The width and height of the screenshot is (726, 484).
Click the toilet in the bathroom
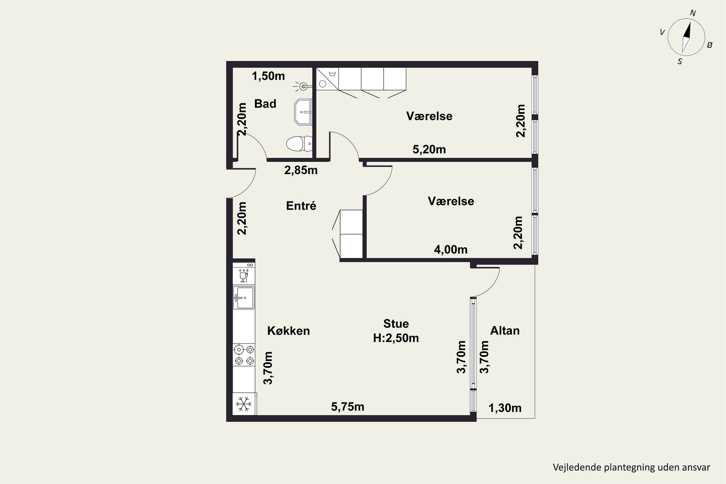point(299,144)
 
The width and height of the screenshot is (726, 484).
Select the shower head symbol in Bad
point(302,87)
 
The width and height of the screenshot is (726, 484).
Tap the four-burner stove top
point(244,355)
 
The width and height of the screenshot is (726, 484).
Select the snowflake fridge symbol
point(244,404)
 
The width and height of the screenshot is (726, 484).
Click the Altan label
point(505,331)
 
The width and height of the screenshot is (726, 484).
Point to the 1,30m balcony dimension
point(505,408)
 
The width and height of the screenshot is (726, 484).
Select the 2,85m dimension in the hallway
point(301,170)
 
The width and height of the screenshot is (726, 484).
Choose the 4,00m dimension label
point(451,250)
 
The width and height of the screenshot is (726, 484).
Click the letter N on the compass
point(693,13)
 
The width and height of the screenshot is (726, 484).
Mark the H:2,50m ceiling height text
point(396,338)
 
